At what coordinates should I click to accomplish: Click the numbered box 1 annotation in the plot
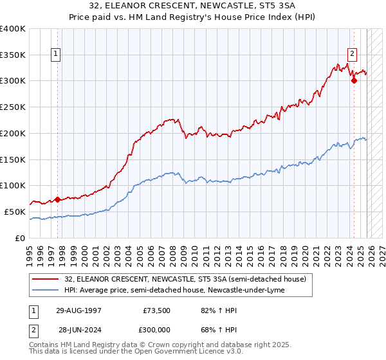[57, 55]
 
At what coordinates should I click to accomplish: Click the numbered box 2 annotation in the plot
[353, 55]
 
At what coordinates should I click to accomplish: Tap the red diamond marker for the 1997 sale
[57, 199]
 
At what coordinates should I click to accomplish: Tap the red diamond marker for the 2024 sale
[354, 80]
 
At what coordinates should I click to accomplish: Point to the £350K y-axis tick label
[13, 55]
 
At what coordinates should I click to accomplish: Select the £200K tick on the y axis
[13, 133]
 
